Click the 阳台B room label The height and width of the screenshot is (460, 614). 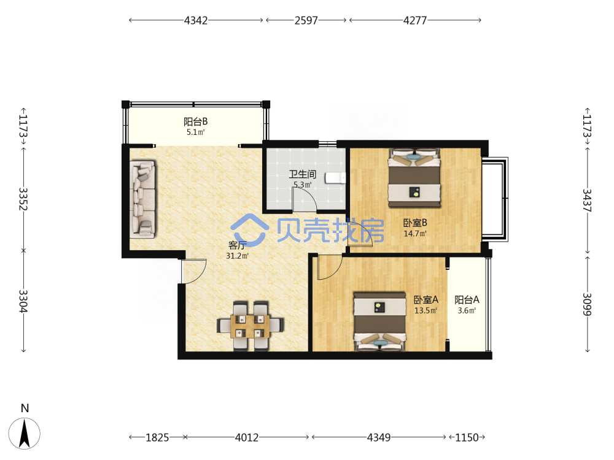[x=196, y=121]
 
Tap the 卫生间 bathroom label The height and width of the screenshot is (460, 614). [x=302, y=174]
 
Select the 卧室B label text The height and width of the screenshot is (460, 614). [x=415, y=223]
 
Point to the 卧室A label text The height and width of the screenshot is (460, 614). [x=426, y=300]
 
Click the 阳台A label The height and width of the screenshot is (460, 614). [x=467, y=300]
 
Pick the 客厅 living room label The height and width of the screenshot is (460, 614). [x=237, y=245]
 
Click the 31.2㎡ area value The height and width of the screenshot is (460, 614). [x=237, y=256]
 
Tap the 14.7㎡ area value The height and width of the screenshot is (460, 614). [x=415, y=234]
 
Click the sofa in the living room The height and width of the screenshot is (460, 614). [x=143, y=199]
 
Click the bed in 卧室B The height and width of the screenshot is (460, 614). [x=414, y=178]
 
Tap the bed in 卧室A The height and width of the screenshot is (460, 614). [x=380, y=321]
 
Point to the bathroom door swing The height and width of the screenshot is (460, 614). [x=305, y=199]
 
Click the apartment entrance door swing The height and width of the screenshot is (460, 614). [x=194, y=271]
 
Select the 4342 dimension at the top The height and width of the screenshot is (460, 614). [x=196, y=20]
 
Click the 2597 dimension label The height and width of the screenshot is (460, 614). [x=306, y=20]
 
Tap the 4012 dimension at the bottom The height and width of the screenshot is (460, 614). [x=247, y=437]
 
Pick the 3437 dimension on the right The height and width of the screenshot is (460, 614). [x=587, y=201]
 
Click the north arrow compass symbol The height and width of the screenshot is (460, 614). [x=25, y=433]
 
